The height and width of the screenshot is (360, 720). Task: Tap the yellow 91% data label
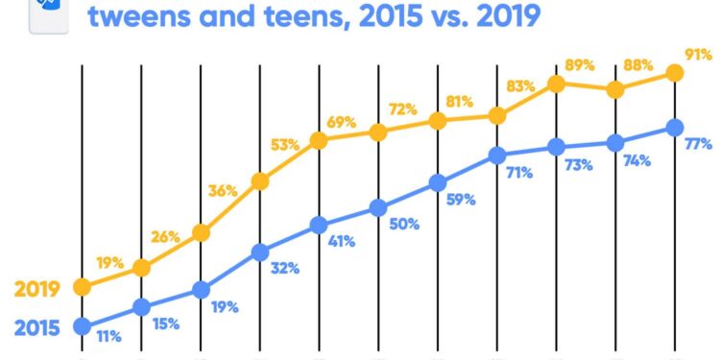[697, 54]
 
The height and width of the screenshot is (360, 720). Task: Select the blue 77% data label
[698, 145]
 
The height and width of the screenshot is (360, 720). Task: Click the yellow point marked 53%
[259, 180]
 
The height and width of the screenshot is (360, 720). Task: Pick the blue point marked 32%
[259, 252]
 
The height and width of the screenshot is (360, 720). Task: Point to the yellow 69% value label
[341, 122]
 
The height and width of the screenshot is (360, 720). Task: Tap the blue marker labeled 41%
[319, 227]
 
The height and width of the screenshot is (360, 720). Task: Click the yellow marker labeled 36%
[201, 232]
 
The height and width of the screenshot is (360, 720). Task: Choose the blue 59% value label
[461, 201]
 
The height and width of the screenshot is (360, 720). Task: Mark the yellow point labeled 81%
[438, 121]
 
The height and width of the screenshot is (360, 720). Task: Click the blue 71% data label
[519, 174]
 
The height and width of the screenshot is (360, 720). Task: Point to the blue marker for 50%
[378, 207]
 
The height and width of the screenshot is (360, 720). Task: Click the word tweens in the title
[143, 16]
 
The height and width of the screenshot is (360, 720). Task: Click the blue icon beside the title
[48, 12]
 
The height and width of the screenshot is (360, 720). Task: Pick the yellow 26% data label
[165, 237]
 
